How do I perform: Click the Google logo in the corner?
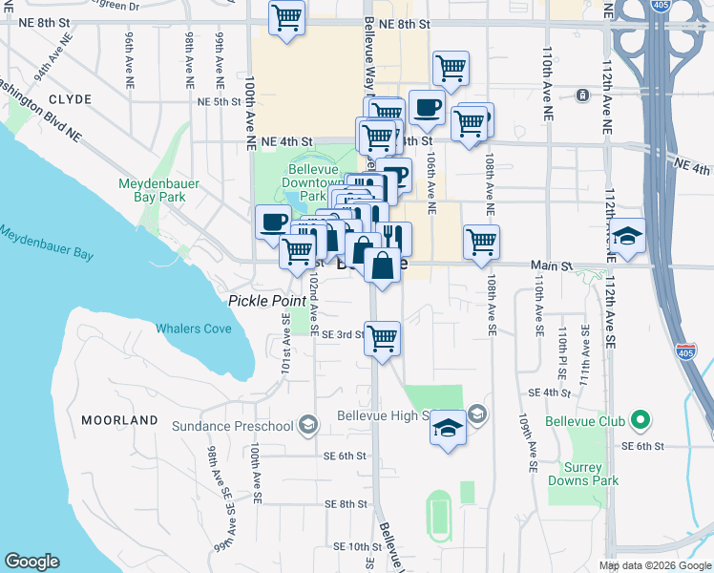point(32,562)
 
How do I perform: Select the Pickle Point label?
point(258,301)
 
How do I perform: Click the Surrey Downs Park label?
point(575,475)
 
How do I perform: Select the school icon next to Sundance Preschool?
point(307,425)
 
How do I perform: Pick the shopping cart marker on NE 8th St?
point(286,18)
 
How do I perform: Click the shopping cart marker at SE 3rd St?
point(382,338)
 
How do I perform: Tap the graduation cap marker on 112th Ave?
point(627,236)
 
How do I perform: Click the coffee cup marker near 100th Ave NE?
point(273,222)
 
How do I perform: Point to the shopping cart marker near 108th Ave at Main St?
point(481,241)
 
